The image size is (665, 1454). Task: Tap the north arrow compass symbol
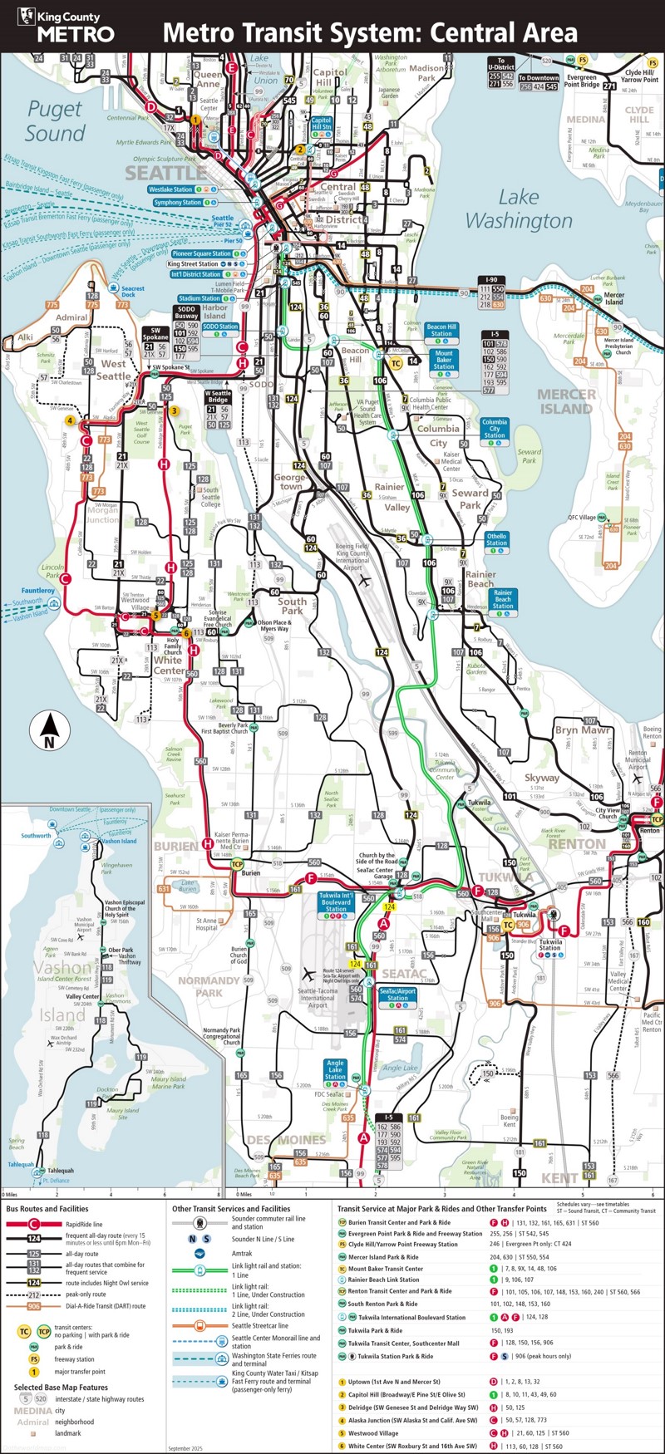[49, 732]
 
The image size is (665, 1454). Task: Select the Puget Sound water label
[55, 121]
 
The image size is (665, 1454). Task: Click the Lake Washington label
[519, 209]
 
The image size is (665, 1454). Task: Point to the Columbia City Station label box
[494, 429]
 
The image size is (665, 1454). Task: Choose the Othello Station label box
[496, 540]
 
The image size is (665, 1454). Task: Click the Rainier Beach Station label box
[503, 600]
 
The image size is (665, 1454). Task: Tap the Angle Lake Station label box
[335, 1070]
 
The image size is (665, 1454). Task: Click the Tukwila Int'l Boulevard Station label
[336, 902]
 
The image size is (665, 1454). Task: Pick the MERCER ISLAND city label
[566, 401]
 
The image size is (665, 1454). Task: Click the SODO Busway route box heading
[186, 312]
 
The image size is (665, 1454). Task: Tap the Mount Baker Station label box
[444, 360]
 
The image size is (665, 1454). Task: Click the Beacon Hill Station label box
[441, 331]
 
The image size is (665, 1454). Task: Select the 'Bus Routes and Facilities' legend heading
[47, 1209]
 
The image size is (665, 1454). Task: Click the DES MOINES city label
[287, 1139]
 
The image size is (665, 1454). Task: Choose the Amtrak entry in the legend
[240, 1254]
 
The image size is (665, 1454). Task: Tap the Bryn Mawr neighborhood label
[583, 730]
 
